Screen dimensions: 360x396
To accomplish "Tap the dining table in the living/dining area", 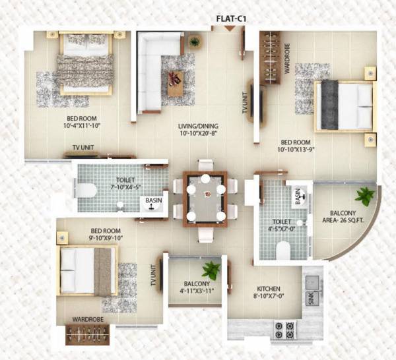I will coord(205,197).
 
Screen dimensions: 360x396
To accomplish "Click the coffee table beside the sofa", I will coord(176,82).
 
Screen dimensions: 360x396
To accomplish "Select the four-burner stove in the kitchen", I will coord(284,329).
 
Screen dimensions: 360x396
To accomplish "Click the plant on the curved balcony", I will coord(364,195).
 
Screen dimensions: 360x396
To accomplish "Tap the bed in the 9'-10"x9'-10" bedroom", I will coord(86,271).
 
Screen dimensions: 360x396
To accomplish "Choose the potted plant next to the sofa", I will coord(194,42).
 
